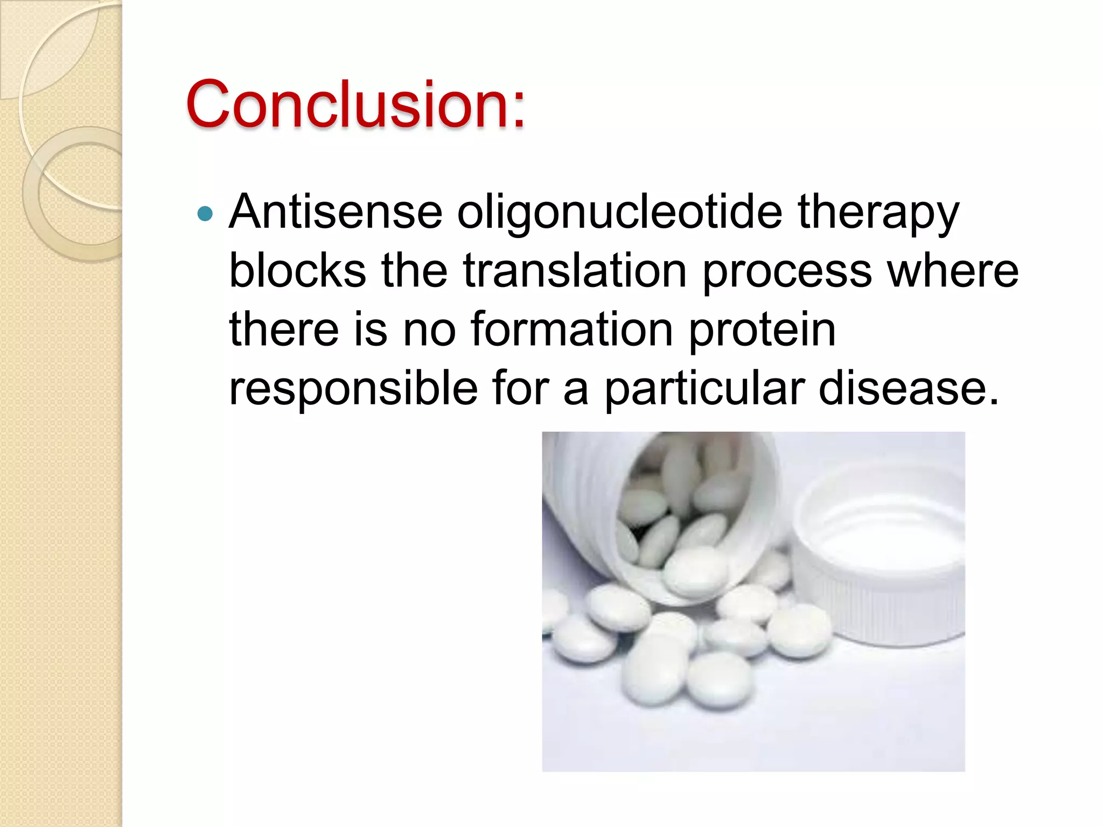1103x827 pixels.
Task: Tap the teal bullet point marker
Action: [205, 214]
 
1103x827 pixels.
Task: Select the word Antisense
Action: [336, 212]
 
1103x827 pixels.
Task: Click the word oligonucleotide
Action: [619, 212]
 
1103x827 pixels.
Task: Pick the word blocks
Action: [298, 270]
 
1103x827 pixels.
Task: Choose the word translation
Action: [575, 270]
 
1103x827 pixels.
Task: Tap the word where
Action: [953, 270]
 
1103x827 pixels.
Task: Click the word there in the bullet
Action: [284, 329]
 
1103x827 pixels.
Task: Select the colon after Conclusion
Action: [518, 110]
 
